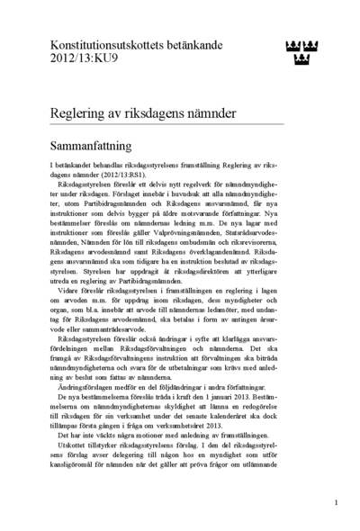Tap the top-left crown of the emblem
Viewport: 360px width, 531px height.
pyautogui.click(x=291, y=46)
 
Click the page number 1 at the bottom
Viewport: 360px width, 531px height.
pyautogui.click(x=335, y=503)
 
